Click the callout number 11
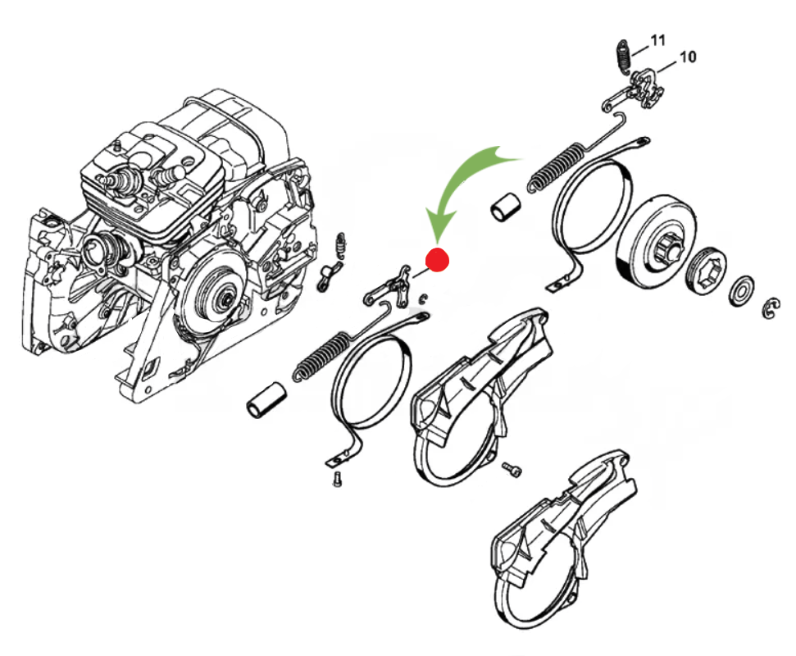tap(658, 39)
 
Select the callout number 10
tap(687, 57)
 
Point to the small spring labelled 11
tap(623, 58)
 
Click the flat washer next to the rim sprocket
tap(744, 288)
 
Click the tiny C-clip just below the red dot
tap(423, 298)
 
